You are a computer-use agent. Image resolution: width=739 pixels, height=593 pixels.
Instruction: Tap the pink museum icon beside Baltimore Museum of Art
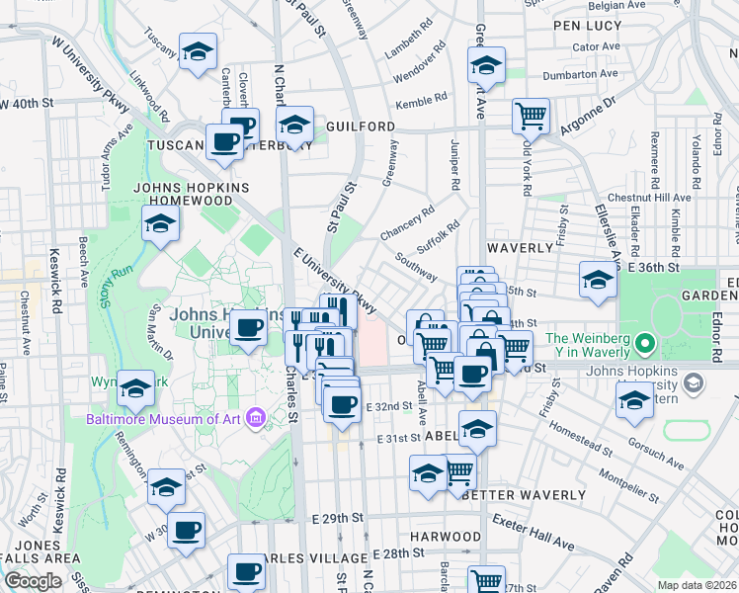[x=256, y=418]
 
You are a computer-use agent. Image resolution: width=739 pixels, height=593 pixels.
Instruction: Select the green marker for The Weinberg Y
[x=646, y=345]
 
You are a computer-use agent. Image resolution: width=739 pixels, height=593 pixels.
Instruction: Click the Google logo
[x=33, y=581]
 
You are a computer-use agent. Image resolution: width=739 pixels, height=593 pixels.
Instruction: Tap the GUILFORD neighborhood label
[x=360, y=127]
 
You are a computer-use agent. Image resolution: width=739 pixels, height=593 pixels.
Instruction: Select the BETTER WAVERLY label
[x=510, y=494]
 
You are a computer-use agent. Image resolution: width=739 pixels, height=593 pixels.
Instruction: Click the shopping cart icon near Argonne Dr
[x=532, y=116]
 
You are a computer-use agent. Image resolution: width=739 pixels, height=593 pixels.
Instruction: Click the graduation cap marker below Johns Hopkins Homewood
[x=160, y=224]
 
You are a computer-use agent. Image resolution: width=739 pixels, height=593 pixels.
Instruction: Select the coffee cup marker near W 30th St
[x=186, y=531]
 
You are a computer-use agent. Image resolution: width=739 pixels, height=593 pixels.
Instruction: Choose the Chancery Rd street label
[x=407, y=223]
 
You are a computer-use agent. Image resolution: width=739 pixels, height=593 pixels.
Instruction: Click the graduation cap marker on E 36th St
[x=598, y=281]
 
